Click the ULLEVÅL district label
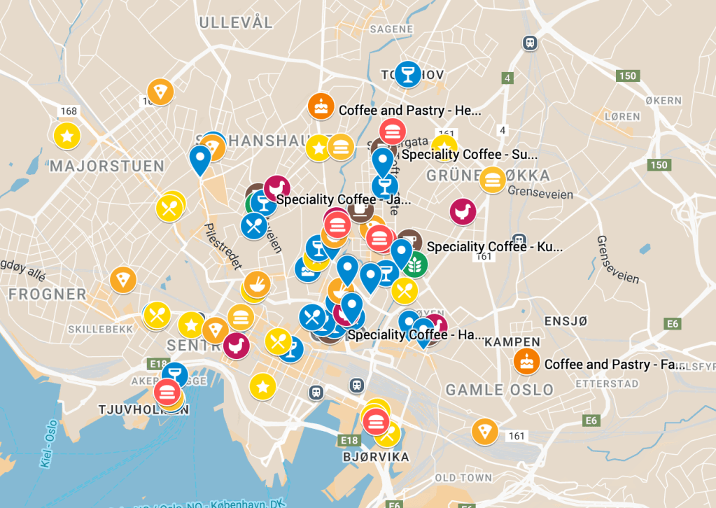coord(236,22)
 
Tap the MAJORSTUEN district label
coord(107,167)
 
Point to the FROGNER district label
coord(48,295)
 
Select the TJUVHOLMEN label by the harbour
coord(143,410)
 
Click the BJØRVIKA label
coord(376,458)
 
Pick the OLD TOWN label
coord(463,478)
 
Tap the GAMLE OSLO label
coord(499,390)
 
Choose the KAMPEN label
coord(512,342)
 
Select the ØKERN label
coord(663,101)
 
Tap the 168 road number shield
coord(69,111)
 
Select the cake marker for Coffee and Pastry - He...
coord(321,107)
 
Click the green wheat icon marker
coord(414,264)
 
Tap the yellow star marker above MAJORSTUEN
coord(67,135)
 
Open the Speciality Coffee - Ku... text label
coord(494,247)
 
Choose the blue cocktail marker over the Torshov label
coord(407,73)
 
